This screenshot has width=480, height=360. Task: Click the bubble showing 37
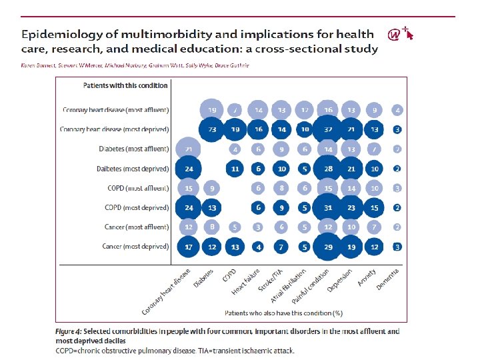pyautogui.click(x=328, y=129)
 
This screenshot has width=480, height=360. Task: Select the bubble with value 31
pyautogui.click(x=328, y=207)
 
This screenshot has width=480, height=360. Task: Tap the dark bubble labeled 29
pyautogui.click(x=328, y=247)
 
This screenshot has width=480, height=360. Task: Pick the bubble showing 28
pyautogui.click(x=328, y=169)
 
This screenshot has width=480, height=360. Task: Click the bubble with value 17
pyautogui.click(x=189, y=247)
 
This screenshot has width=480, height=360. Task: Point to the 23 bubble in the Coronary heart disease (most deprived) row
pyautogui.click(x=212, y=129)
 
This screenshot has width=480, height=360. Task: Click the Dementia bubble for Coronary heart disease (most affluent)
pyautogui.click(x=397, y=110)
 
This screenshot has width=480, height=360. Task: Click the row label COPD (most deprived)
pyautogui.click(x=137, y=207)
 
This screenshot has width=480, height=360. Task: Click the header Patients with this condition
pyautogui.click(x=125, y=85)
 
